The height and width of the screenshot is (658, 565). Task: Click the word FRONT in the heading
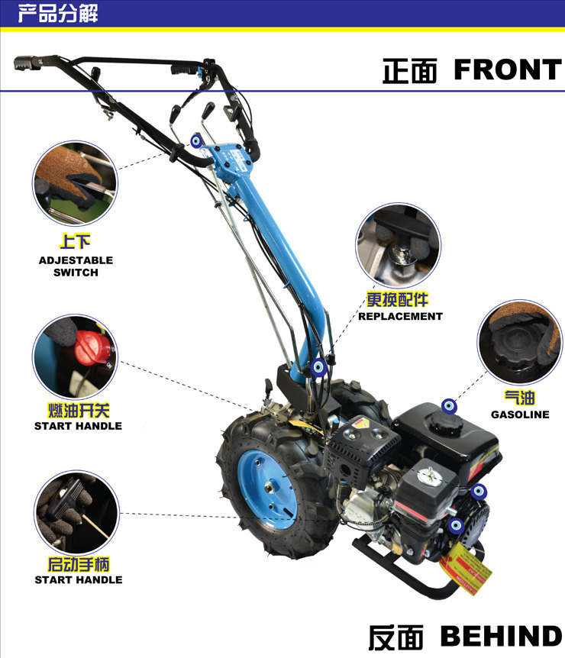(507, 69)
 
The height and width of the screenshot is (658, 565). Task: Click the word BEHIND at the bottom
(501, 636)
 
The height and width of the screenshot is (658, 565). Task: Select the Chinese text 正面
(410, 71)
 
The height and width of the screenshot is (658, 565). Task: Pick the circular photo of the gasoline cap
(518, 340)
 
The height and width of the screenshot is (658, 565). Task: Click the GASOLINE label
(520, 414)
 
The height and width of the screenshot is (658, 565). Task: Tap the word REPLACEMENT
(400, 316)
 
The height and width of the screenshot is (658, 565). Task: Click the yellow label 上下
(76, 242)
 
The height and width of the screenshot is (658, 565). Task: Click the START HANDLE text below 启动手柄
(78, 579)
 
